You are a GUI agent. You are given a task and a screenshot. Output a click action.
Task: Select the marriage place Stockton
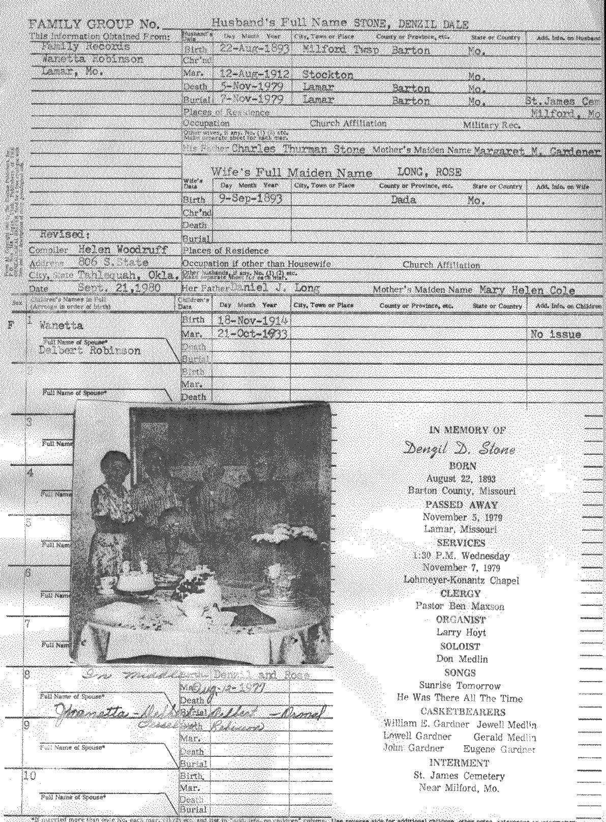pyautogui.click(x=327, y=74)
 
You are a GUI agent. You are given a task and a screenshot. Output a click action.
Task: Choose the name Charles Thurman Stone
pyautogui.click(x=298, y=149)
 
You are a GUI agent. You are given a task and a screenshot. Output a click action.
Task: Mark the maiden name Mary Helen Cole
pyautogui.click(x=527, y=290)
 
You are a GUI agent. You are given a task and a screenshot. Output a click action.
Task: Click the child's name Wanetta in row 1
pyautogui.click(x=61, y=326)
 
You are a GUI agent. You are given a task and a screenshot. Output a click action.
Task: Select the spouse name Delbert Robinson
pyautogui.click(x=89, y=350)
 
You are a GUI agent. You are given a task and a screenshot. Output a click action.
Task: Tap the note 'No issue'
pyautogui.click(x=555, y=334)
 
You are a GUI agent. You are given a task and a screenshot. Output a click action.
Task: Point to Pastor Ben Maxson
pyautogui.click(x=460, y=606)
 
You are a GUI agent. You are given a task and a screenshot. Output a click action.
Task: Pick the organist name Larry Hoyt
pyautogui.click(x=461, y=632)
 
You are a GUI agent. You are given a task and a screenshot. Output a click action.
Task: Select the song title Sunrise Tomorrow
pyautogui.click(x=460, y=685)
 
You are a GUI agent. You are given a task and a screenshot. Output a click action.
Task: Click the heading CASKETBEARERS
pyautogui.click(x=460, y=712)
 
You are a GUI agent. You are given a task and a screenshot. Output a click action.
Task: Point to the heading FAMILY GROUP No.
pyautogui.click(x=94, y=24)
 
